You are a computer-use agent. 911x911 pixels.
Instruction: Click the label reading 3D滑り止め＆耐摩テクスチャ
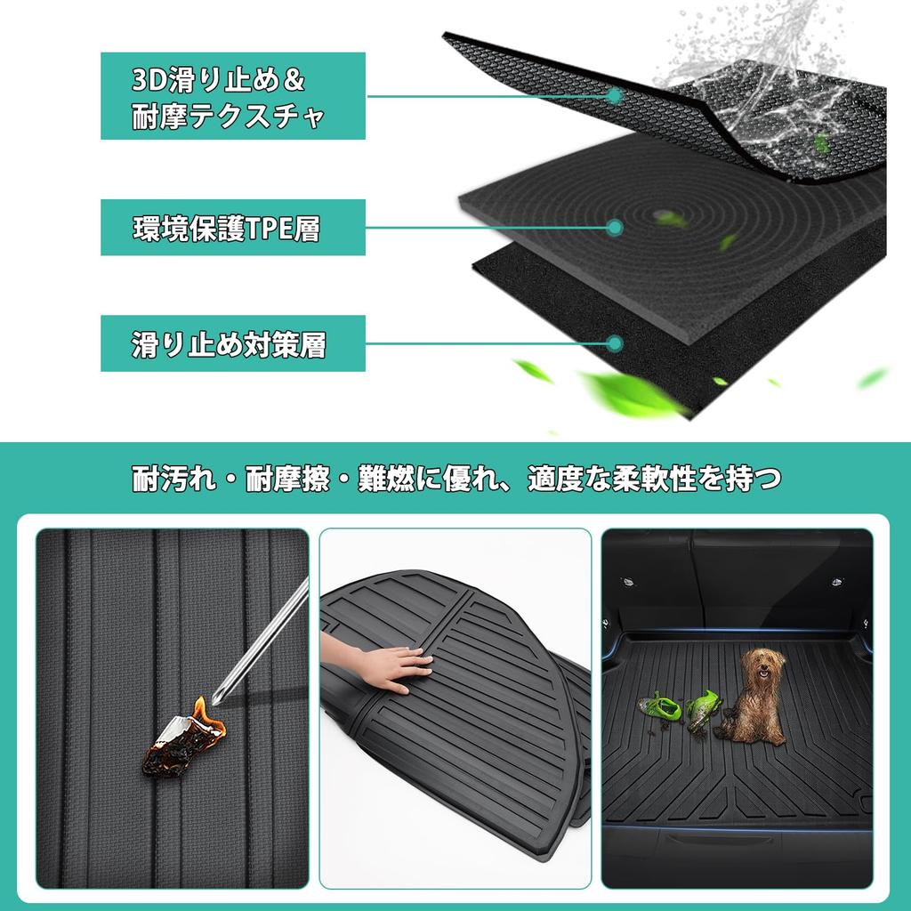(232, 96)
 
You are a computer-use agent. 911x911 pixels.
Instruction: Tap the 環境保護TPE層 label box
(232, 228)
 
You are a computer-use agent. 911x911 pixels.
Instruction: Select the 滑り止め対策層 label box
(232, 343)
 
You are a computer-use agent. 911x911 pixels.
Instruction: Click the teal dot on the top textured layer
(615, 94)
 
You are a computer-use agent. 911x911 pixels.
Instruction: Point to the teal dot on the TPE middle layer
(615, 228)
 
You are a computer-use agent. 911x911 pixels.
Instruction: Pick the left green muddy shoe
(659, 707)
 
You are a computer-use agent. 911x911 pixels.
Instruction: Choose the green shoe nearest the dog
(704, 711)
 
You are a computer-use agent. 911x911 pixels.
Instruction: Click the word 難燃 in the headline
(383, 479)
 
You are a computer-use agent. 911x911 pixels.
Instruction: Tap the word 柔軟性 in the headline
(668, 479)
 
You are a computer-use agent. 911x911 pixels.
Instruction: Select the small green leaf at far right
(872, 377)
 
